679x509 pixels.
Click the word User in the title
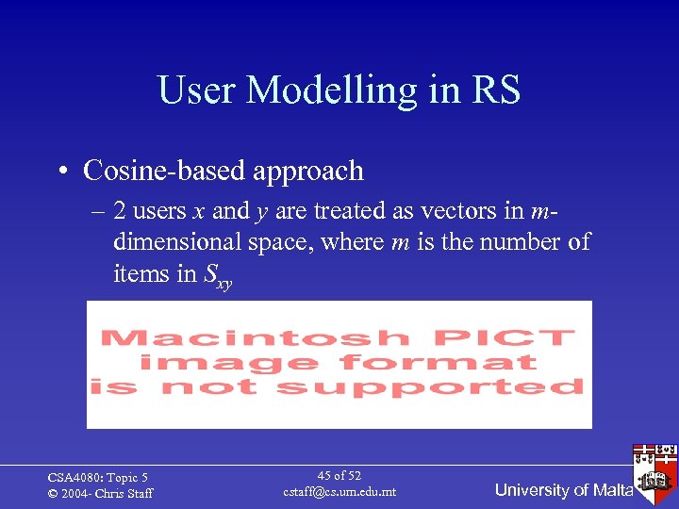pyautogui.click(x=196, y=90)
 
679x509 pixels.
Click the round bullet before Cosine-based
pyautogui.click(x=60, y=172)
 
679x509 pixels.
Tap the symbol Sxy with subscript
pyautogui.click(x=218, y=276)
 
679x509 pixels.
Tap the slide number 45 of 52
pyautogui.click(x=339, y=476)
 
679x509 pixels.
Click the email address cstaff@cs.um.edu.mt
pyautogui.click(x=339, y=492)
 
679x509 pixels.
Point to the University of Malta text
pyautogui.click(x=563, y=489)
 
